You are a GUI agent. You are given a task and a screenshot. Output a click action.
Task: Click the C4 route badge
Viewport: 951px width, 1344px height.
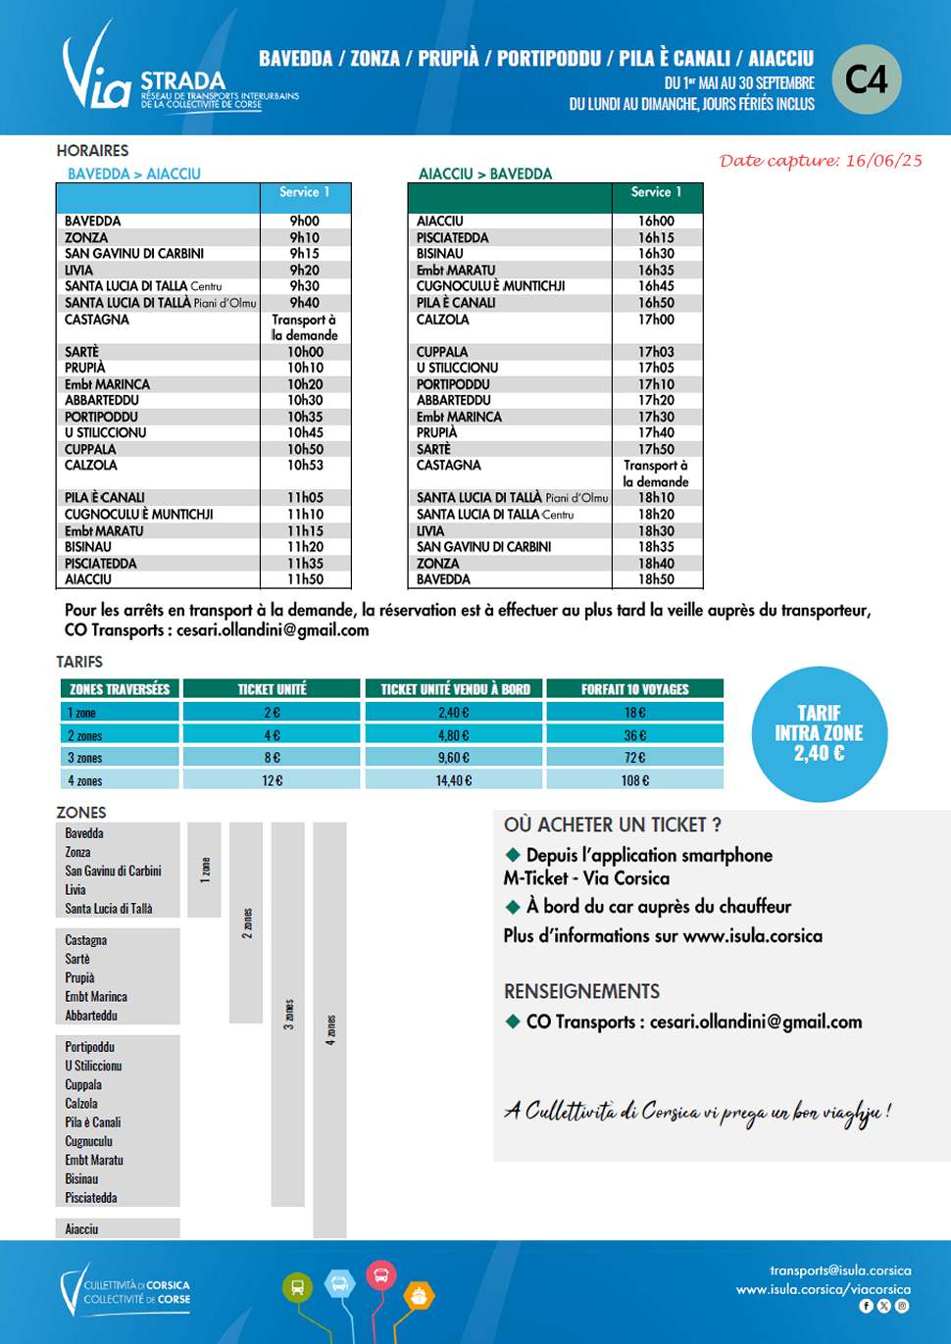pyautogui.click(x=866, y=79)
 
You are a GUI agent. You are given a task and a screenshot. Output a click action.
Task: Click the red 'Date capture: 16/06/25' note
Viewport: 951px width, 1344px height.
pyautogui.click(x=821, y=161)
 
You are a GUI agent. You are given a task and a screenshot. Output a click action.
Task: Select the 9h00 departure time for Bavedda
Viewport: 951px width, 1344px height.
pyautogui.click(x=305, y=222)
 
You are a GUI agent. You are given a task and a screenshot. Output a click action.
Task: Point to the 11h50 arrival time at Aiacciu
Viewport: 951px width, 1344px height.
pyautogui.click(x=305, y=579)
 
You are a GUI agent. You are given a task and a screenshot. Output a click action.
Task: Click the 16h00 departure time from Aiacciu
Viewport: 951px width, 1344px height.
pyautogui.click(x=656, y=222)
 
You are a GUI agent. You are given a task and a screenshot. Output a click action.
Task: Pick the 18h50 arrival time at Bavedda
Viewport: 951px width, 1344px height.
pyautogui.click(x=656, y=579)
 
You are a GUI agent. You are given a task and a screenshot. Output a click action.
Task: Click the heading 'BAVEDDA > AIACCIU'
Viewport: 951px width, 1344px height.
pyautogui.click(x=133, y=174)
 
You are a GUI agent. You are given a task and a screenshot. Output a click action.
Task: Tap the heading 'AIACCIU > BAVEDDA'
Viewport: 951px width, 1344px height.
pyautogui.click(x=485, y=174)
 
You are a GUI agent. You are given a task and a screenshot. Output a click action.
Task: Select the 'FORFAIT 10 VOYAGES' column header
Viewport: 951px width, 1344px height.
pyautogui.click(x=634, y=689)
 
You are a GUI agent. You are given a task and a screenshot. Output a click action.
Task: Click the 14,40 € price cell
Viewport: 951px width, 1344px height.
pyautogui.click(x=453, y=780)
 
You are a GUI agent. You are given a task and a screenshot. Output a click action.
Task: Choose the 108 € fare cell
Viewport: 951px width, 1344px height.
pyautogui.click(x=634, y=780)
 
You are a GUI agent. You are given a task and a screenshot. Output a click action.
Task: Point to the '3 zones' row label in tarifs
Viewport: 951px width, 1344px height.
pyautogui.click(x=85, y=758)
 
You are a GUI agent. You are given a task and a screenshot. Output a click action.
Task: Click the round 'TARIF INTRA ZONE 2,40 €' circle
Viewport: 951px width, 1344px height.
pyautogui.click(x=819, y=733)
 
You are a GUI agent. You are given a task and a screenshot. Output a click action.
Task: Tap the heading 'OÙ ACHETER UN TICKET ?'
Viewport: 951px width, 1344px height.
pyautogui.click(x=613, y=825)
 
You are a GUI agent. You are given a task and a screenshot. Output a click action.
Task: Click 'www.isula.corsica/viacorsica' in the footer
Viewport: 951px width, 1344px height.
pyautogui.click(x=824, y=1289)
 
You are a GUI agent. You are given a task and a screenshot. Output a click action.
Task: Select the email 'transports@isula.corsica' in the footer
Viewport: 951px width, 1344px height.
pyautogui.click(x=840, y=1270)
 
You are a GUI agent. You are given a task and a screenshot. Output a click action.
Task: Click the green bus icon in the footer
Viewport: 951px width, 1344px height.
pyautogui.click(x=297, y=1287)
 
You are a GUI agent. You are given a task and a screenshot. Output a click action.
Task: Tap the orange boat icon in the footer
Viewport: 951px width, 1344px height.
pyautogui.click(x=419, y=1296)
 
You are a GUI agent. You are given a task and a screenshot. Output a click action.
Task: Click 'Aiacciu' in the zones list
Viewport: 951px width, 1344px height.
pyautogui.click(x=81, y=1229)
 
